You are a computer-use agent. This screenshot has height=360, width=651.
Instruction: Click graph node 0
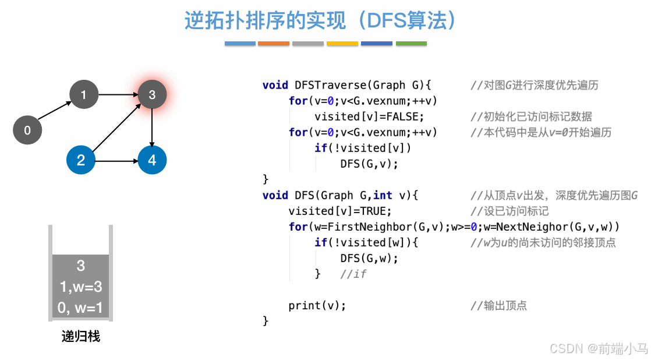pos(27,130)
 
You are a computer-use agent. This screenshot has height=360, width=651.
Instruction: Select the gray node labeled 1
pos(83,94)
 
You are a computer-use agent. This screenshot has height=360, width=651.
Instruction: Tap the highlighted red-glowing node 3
pos(152,94)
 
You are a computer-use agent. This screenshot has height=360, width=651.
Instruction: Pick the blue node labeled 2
pos(81,160)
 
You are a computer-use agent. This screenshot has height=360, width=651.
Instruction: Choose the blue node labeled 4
pos(152,160)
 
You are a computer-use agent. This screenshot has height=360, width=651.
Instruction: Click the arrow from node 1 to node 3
pos(118,94)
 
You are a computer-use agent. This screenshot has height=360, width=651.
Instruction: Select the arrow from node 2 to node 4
pos(116,160)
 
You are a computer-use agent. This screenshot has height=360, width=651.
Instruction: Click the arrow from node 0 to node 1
pos(55,112)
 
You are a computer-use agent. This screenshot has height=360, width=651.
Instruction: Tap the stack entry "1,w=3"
pos(80,287)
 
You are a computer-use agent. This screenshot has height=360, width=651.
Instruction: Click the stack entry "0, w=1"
pos(80,308)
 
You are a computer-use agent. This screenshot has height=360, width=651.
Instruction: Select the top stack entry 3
pos(80,266)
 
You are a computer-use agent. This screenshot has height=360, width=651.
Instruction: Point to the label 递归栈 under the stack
pos(81,337)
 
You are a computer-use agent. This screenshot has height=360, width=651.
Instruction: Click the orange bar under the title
pos(274,44)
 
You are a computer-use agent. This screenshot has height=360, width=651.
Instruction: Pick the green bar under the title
pos(411,44)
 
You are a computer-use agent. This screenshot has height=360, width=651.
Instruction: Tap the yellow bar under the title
pos(342,44)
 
